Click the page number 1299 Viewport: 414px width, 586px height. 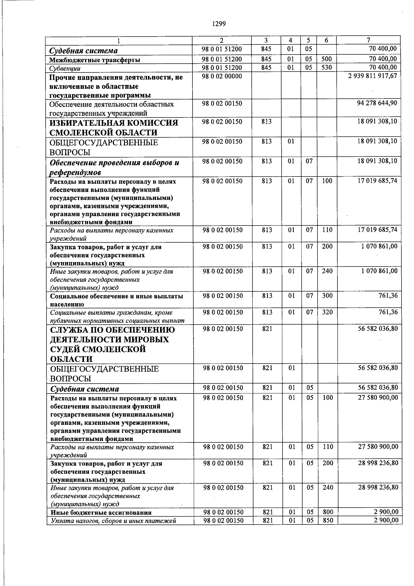[218, 24]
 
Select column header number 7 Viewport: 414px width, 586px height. [368, 40]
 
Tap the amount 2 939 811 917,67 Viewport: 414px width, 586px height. [373, 76]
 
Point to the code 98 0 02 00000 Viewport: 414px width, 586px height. [222, 76]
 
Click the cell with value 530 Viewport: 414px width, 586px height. [326, 67]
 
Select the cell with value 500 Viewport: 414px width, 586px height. [326, 59]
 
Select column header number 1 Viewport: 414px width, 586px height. [119, 41]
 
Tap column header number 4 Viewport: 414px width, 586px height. [291, 40]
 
